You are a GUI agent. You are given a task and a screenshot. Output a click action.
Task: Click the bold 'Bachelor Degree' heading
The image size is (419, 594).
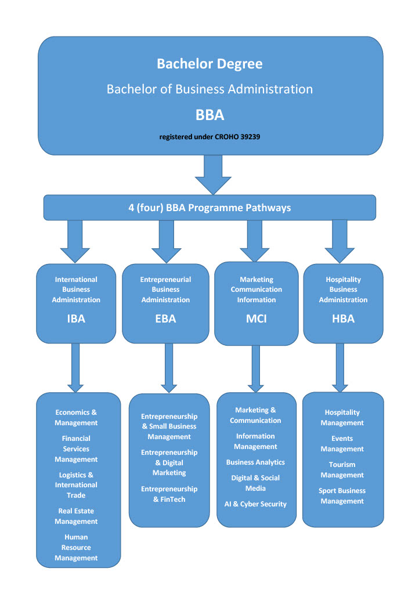coord(210,63)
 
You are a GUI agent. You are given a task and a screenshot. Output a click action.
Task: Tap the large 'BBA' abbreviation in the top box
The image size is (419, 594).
coord(210,115)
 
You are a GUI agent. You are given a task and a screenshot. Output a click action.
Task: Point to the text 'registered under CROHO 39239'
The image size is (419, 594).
coord(210,137)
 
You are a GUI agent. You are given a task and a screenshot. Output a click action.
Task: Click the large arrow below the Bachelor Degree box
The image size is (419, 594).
coord(213,174)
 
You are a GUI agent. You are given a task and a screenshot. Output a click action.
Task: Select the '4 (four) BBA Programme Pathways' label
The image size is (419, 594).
coord(209,207)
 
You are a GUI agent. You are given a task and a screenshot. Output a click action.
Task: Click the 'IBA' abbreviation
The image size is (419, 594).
coord(76,318)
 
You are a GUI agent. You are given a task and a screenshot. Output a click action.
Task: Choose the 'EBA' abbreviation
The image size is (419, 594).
coord(165,318)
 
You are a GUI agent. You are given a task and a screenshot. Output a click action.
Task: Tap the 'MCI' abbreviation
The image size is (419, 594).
coord(256,318)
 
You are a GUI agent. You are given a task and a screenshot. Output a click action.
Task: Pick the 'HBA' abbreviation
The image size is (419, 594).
coord(343,318)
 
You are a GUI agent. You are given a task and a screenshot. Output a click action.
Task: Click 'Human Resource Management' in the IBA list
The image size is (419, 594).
coord(76,548)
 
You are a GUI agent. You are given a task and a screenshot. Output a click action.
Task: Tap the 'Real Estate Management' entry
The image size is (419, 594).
coord(76,516)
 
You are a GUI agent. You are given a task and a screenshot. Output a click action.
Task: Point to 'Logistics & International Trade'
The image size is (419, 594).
coord(76,485)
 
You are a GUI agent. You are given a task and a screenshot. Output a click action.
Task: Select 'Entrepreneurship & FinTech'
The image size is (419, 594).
coord(169,494)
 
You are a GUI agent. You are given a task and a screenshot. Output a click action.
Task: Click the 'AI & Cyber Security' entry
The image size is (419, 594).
coord(255,504)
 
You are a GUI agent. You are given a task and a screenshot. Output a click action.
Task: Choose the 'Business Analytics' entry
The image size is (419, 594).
coord(255,462)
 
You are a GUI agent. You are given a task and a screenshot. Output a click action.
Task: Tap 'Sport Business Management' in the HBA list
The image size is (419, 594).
coord(342,496)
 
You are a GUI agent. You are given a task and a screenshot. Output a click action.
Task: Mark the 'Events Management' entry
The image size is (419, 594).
coord(342,444)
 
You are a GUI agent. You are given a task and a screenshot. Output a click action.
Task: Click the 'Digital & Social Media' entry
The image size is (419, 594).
coord(255,483)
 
